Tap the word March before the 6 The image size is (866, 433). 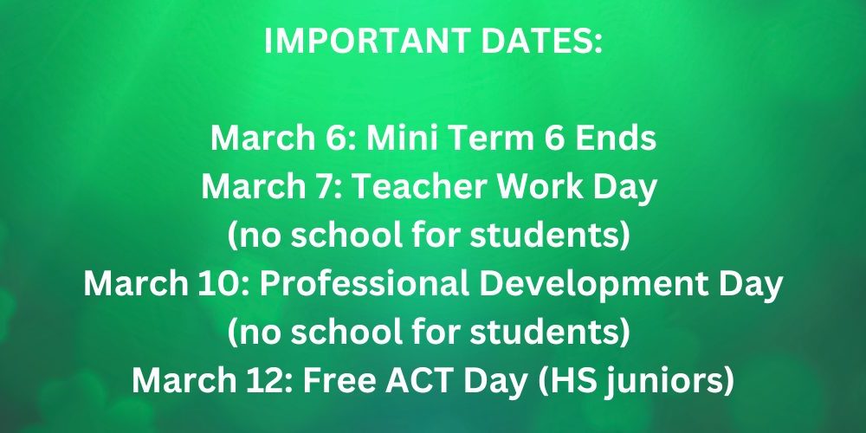click(x=274, y=139)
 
